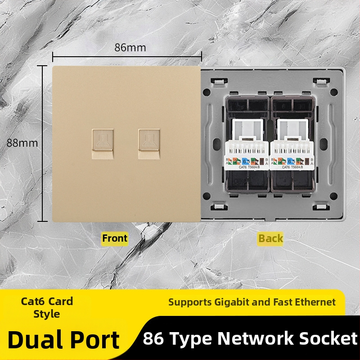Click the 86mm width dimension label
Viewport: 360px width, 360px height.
tap(130, 47)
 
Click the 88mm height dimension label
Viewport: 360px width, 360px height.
tap(22, 143)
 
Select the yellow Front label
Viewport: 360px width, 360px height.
tap(115, 238)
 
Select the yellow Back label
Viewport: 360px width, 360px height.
tap(270, 238)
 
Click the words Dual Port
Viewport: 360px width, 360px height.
tap(63, 340)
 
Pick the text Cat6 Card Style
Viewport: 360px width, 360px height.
tap(47, 307)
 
